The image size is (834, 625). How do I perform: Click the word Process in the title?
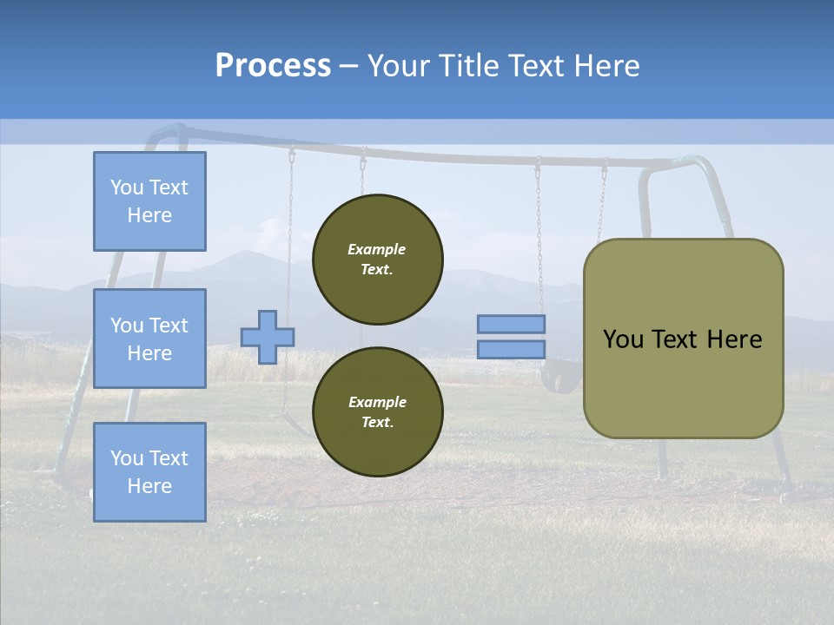(x=273, y=66)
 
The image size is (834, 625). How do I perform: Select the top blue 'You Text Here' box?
(x=149, y=201)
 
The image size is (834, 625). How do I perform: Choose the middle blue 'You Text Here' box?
(x=149, y=339)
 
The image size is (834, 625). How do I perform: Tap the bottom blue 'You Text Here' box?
(x=149, y=471)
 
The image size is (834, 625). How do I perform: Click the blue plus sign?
(x=268, y=337)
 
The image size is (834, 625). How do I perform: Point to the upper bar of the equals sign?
(x=512, y=324)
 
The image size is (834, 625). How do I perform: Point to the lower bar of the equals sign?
(x=512, y=349)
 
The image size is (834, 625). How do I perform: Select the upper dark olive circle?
(x=378, y=260)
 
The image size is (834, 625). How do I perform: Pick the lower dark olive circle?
(x=378, y=411)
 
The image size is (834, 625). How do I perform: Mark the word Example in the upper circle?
(x=376, y=249)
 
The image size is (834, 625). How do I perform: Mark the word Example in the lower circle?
(x=376, y=402)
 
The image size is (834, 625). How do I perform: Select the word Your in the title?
(x=400, y=66)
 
